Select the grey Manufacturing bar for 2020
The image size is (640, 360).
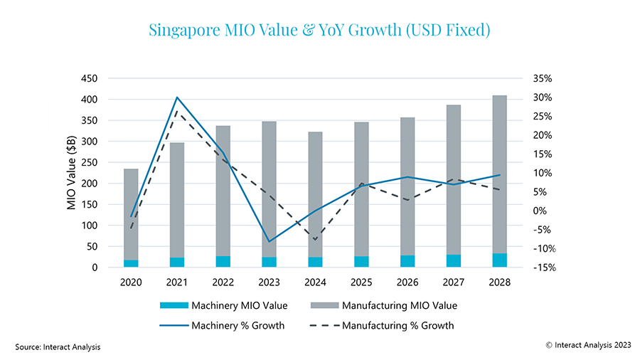[131, 213]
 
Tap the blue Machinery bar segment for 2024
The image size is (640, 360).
[315, 263]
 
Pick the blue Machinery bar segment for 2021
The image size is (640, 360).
[176, 263]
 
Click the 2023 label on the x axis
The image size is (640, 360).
[269, 282]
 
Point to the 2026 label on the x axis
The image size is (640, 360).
[407, 282]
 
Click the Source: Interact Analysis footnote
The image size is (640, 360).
[58, 347]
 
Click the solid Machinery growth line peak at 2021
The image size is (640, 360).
[177, 97]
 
